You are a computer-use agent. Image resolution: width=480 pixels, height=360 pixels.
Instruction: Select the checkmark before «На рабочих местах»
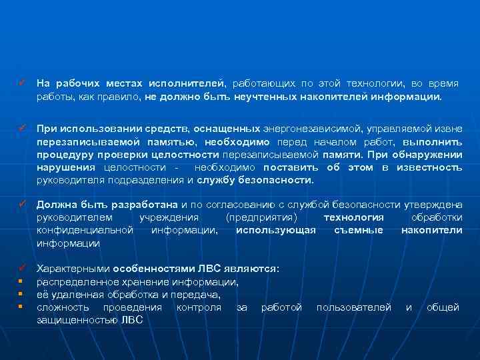[22, 83]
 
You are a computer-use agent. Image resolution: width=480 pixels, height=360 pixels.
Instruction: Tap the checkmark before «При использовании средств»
[22, 127]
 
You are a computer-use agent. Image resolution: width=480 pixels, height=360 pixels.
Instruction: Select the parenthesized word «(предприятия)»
[267, 217]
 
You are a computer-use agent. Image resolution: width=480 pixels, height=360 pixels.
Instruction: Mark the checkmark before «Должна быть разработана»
[22, 204]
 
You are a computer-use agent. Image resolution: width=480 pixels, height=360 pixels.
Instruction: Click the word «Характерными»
[73, 269]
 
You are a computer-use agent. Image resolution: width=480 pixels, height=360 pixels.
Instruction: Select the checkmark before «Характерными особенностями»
[22, 268]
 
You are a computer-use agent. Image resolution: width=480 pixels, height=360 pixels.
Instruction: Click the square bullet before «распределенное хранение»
[21, 281]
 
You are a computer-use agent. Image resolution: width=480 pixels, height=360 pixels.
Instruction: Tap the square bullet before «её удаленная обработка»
[21, 294]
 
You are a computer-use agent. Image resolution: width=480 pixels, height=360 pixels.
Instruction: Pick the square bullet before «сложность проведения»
[21, 307]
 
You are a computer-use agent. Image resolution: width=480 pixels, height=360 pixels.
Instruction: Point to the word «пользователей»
[353, 307]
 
